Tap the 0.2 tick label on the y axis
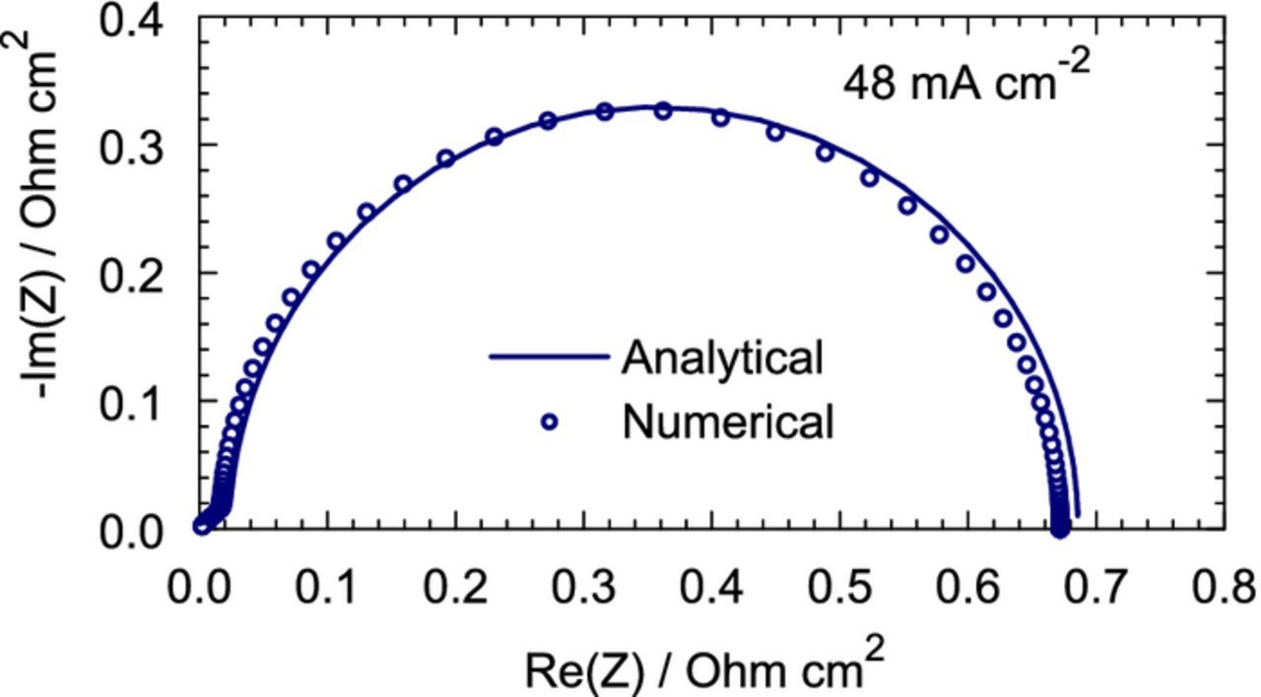pyautogui.click(x=134, y=273)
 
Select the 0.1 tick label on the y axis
pyautogui.click(x=134, y=401)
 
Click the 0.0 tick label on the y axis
pyautogui.click(x=134, y=532)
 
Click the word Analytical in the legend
pyautogui.click(x=721, y=357)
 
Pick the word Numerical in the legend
pyautogui.click(x=728, y=422)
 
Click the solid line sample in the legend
pyautogui.click(x=549, y=357)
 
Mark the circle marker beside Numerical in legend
pyautogui.click(x=549, y=422)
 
